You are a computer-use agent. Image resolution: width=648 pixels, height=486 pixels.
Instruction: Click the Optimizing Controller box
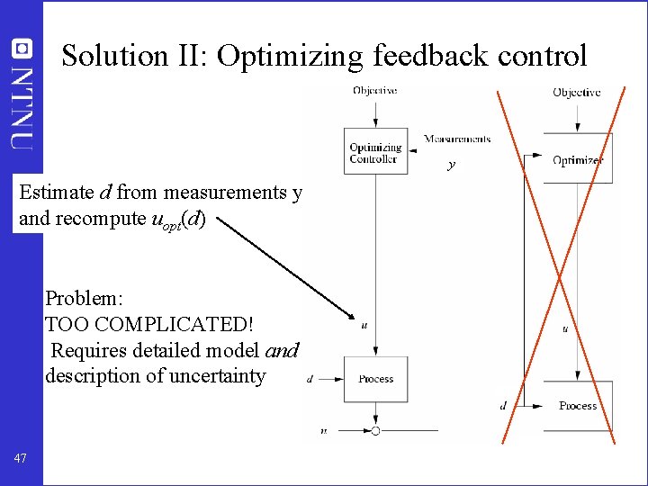[376, 153]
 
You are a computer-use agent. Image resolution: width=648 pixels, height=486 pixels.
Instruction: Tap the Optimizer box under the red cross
[577, 159]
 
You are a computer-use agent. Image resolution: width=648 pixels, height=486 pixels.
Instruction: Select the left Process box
[376, 379]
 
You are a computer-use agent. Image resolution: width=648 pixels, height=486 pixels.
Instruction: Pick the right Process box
[577, 405]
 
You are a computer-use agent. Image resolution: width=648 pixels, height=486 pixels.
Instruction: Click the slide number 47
[22, 459]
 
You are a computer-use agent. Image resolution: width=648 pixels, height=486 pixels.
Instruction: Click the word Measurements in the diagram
[457, 139]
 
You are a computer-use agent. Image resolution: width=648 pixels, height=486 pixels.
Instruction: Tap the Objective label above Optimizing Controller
[375, 91]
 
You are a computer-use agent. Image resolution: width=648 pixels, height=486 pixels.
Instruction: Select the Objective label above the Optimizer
[577, 93]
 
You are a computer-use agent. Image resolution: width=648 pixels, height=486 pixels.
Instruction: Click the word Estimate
[56, 193]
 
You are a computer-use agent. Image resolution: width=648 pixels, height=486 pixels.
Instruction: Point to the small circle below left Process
[375, 431]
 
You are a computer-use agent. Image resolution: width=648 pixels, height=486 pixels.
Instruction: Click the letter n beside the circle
[323, 431]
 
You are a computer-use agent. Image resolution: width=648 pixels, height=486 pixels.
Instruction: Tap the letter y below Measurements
[451, 166]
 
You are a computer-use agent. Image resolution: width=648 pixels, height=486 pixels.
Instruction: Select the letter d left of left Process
[310, 379]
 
